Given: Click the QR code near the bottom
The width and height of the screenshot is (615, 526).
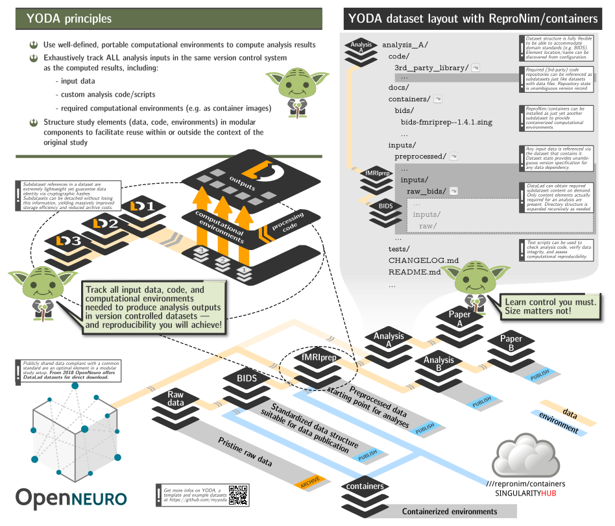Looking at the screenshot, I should [239, 495].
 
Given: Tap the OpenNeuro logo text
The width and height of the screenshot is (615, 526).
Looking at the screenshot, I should [71, 497].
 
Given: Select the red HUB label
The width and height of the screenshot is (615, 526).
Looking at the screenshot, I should [549, 494].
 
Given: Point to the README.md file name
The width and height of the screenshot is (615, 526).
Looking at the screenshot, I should [415, 272].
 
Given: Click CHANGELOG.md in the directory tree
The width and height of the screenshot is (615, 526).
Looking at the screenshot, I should [424, 260].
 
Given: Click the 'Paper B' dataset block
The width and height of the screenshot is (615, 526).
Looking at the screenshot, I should [511, 343].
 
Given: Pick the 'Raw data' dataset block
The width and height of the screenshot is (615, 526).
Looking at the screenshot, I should [176, 399].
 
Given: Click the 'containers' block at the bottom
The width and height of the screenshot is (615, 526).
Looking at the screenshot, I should [365, 486].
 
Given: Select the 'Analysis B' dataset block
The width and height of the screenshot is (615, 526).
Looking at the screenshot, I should [439, 364].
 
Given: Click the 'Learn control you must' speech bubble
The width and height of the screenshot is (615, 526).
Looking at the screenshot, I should [550, 307].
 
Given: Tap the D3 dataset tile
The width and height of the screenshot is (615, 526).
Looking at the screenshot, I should [68, 241].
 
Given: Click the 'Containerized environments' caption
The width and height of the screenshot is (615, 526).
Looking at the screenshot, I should [449, 512].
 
